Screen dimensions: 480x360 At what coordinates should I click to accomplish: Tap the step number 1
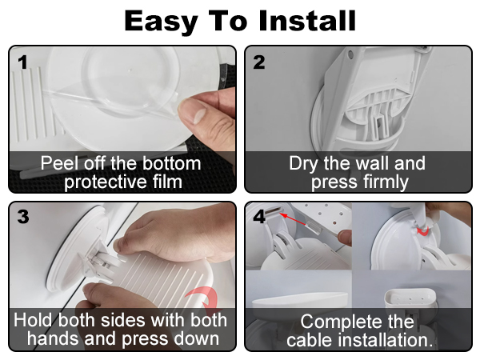click(x=23, y=62)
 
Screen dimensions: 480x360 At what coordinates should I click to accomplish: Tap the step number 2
click(x=259, y=62)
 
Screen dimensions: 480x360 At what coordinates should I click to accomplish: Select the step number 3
click(x=23, y=217)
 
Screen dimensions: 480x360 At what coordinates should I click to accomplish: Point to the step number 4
click(x=259, y=217)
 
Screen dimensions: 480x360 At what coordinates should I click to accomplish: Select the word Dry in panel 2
click(x=304, y=164)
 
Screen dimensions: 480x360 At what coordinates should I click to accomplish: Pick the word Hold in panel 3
click(x=34, y=320)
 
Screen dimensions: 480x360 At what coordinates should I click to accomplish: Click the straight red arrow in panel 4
click(x=293, y=219)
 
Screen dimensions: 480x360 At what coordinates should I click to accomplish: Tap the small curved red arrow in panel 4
click(x=422, y=231)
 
